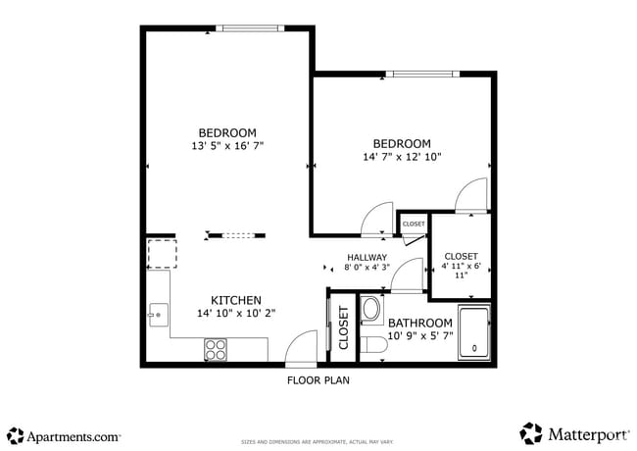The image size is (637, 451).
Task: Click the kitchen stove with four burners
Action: click(x=216, y=348)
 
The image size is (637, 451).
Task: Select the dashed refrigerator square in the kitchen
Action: click(x=161, y=254)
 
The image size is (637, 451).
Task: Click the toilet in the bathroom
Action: click(x=372, y=345)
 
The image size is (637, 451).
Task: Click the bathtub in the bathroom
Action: click(x=474, y=333)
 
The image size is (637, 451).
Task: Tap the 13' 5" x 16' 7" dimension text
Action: click(x=227, y=146)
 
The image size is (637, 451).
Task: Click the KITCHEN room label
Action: click(x=236, y=300)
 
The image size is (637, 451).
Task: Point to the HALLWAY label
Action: click(x=367, y=258)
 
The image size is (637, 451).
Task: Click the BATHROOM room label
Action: click(x=420, y=323)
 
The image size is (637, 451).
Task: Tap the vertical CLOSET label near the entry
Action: click(x=344, y=328)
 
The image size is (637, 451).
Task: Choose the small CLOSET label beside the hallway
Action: click(x=414, y=225)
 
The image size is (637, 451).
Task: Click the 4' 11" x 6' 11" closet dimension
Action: click(x=461, y=270)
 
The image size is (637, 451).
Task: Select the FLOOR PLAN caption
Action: click(x=318, y=379)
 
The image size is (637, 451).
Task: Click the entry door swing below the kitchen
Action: click(x=301, y=349)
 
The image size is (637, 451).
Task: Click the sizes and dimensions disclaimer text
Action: click(x=318, y=442)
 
